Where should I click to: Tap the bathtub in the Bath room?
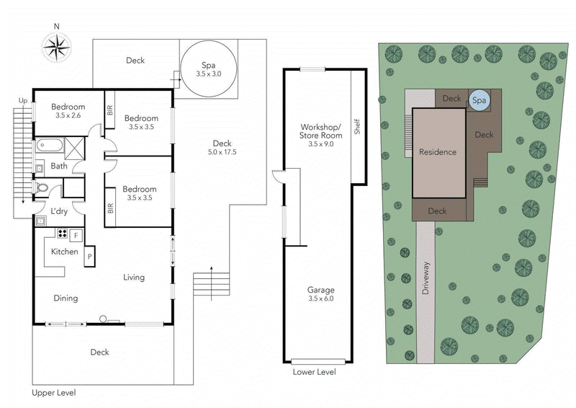(50, 146)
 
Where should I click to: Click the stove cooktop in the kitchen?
(63, 234)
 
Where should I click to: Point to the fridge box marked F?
(76, 234)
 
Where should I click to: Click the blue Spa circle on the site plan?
(478, 102)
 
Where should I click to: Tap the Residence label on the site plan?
(438, 152)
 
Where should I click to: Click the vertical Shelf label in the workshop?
(356, 126)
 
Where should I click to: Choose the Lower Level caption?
(314, 372)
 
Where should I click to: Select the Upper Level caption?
(54, 393)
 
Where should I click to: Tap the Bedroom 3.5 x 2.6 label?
(68, 111)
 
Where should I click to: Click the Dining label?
(66, 298)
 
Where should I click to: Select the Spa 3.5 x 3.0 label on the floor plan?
(208, 70)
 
